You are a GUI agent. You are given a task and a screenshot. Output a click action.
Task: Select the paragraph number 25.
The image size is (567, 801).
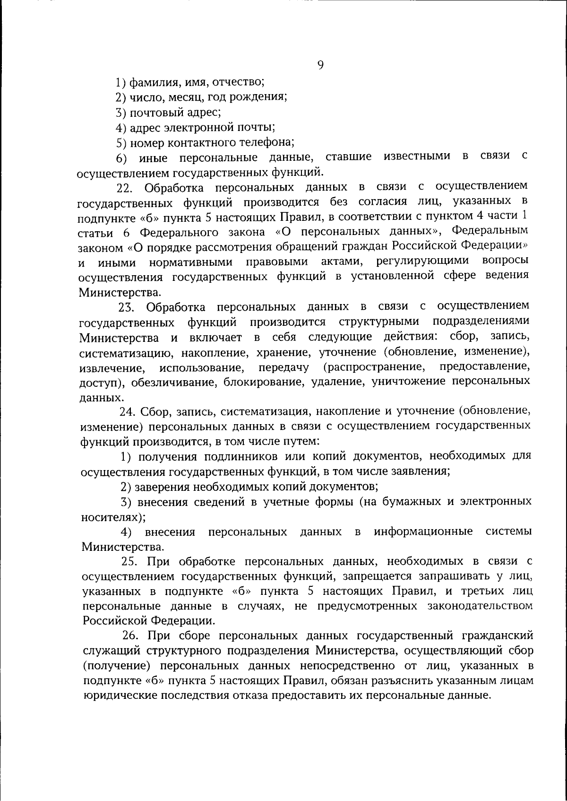tap(129, 562)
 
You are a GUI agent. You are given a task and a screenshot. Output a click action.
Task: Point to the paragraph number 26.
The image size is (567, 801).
tap(130, 636)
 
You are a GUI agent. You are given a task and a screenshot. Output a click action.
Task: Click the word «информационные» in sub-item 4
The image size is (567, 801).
tap(423, 531)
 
